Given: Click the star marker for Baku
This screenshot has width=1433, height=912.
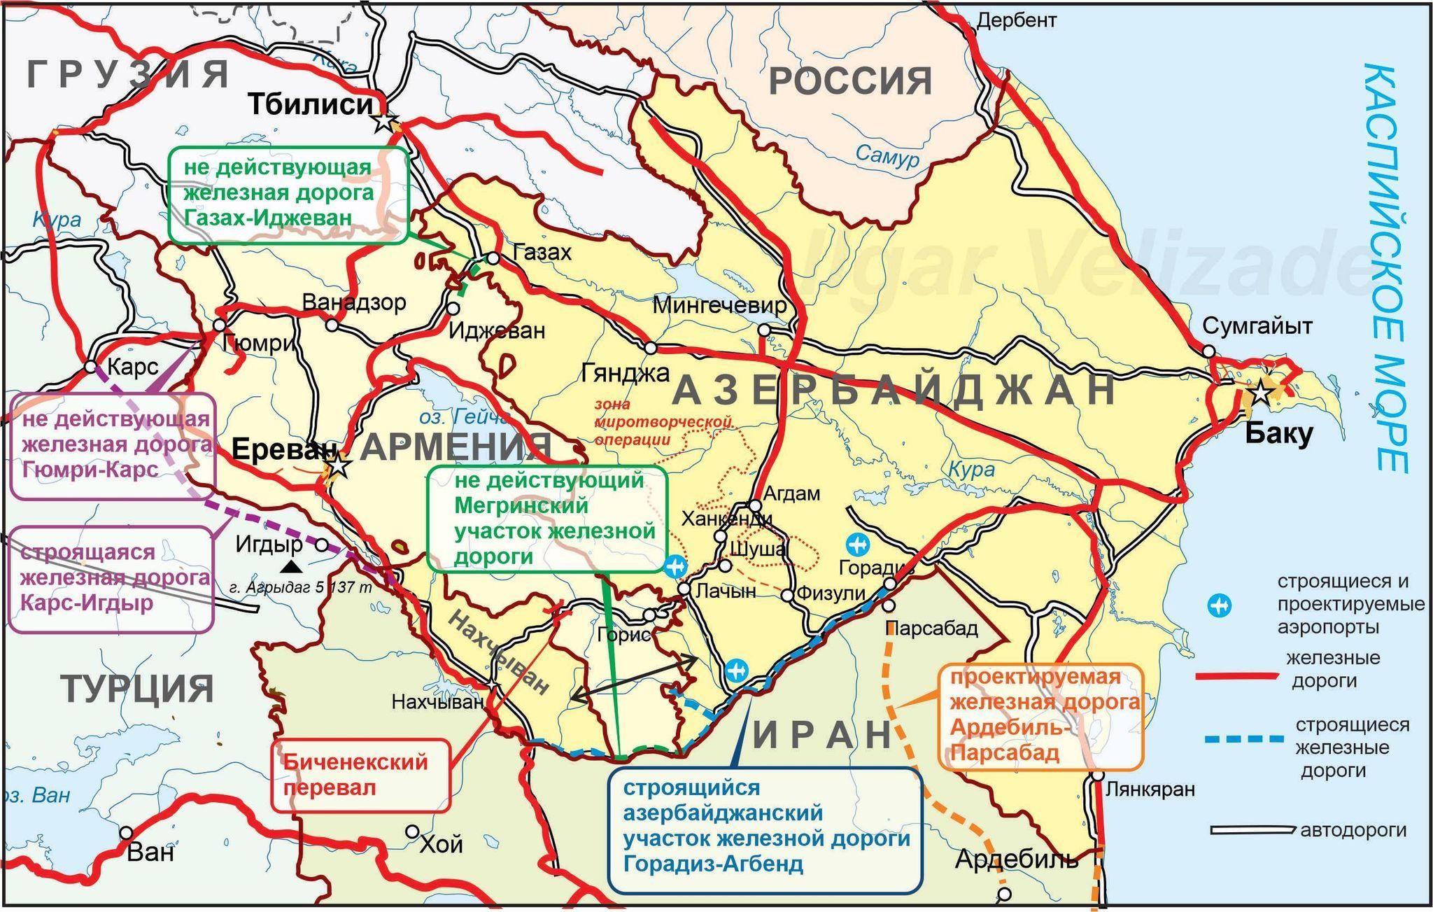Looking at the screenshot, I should tap(1260, 393).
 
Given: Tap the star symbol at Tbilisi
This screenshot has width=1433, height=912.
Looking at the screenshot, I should tap(384, 121).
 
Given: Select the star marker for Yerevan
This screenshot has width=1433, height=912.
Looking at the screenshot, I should tap(339, 464).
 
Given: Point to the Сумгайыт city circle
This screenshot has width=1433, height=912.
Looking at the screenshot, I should tap(1208, 351).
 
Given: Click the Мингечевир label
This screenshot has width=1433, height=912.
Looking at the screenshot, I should tap(719, 306).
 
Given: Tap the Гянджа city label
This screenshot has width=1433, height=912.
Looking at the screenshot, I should tap(625, 373).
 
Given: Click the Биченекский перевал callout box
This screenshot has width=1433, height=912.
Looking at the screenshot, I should tap(360, 775).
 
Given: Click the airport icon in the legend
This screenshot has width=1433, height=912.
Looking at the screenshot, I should tap(1220, 605).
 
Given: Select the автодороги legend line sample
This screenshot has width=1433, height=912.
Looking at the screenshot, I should tap(1251, 831).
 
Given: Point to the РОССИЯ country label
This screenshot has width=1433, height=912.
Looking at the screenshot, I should tap(850, 81).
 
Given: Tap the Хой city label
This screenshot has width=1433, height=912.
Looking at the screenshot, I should tap(441, 845).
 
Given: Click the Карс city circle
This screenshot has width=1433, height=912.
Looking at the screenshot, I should tap(90, 366).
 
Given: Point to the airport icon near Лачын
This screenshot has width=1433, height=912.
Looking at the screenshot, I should tap(675, 566).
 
